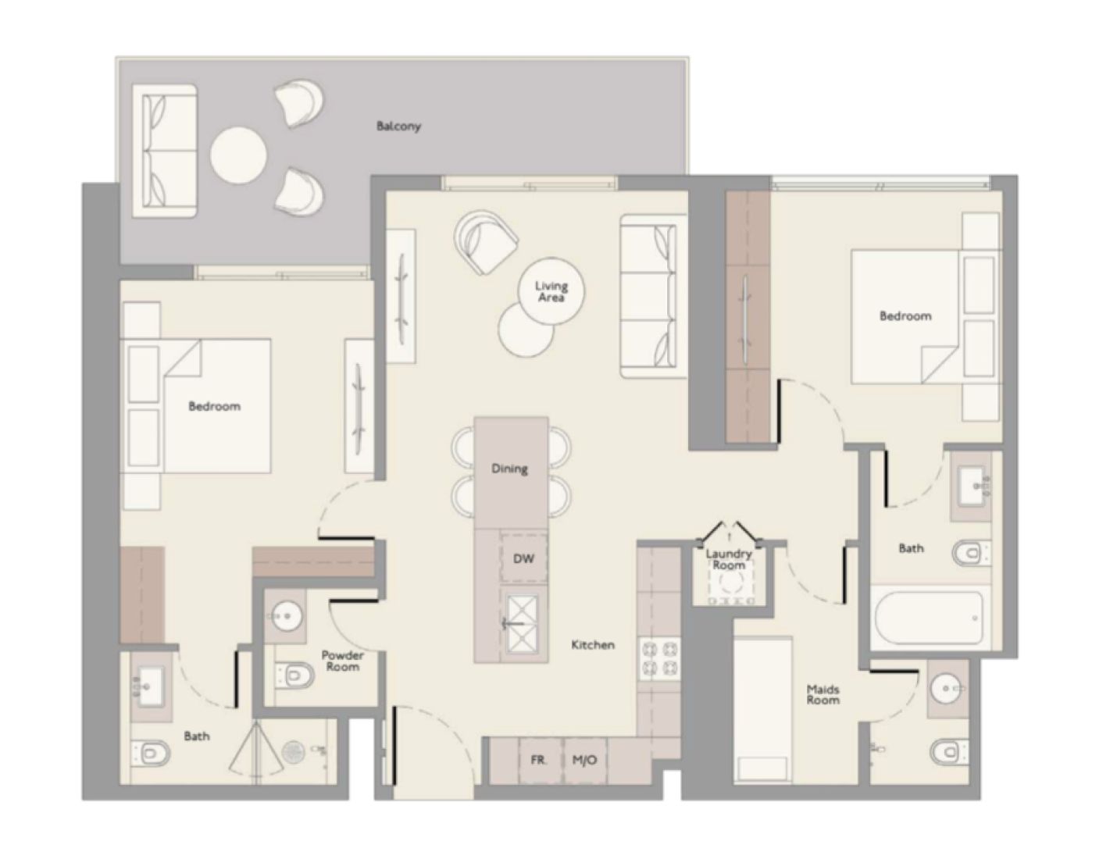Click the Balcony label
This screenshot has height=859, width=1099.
(x=398, y=126)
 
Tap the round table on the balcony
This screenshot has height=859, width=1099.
(x=238, y=154)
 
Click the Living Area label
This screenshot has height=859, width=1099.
(x=551, y=292)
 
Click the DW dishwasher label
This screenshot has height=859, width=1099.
(x=523, y=558)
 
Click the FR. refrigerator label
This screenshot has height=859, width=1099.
(x=538, y=759)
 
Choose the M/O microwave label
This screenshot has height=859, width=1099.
(x=584, y=759)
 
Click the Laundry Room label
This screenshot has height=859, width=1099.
(x=728, y=559)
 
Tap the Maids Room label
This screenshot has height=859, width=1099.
(x=823, y=694)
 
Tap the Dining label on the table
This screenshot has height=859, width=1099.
(x=509, y=469)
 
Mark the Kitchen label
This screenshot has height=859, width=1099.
(x=593, y=645)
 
